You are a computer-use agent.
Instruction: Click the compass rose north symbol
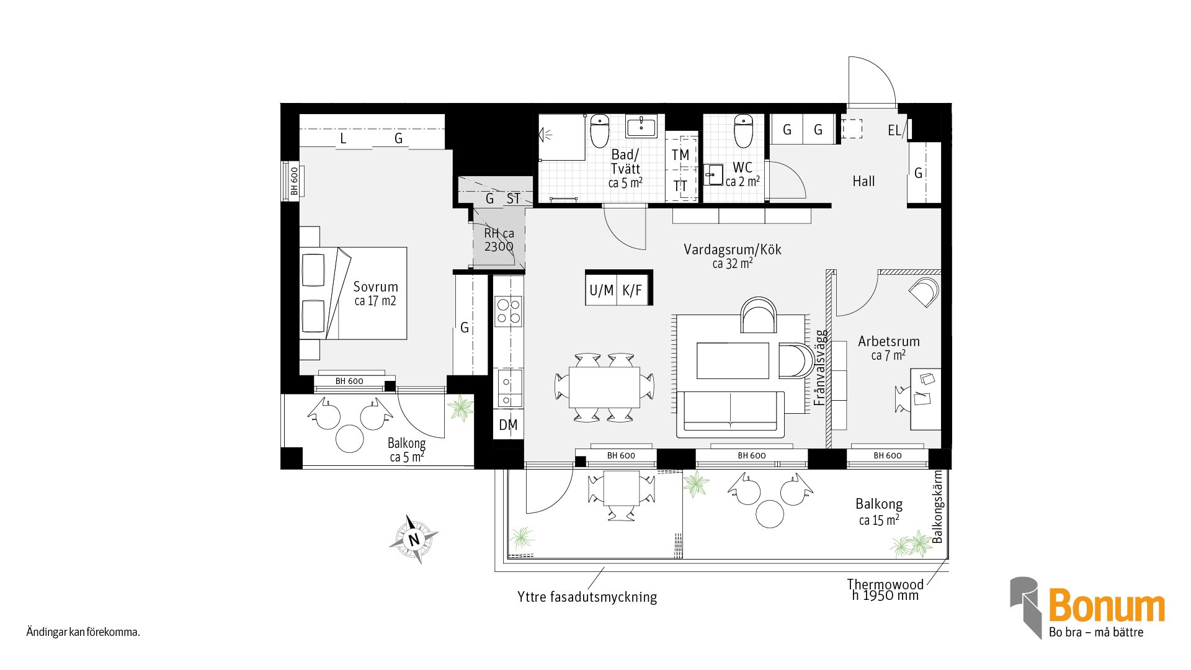coord(414,539)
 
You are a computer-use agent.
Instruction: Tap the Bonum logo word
coord(1107,606)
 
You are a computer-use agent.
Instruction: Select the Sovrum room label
coord(375,287)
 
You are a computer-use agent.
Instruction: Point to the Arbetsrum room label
coord(888,341)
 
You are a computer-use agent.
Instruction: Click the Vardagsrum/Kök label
coord(733,249)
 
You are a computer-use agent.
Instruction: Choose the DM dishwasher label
coord(508,425)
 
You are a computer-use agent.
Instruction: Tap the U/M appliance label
coord(601,290)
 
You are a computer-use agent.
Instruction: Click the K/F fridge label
coord(632,290)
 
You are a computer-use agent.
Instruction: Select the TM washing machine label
coord(680,154)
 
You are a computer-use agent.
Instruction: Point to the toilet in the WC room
coord(743,130)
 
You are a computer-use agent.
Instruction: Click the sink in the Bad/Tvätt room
coord(641,127)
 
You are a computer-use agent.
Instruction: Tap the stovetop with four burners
coord(508,311)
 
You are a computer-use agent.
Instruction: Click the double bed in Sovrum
coord(354,293)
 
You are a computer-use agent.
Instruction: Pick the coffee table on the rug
coord(733,360)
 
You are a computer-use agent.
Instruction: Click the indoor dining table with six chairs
coord(604,387)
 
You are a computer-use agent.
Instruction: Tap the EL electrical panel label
coord(894,130)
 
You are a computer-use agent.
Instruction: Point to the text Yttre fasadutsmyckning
coord(587,597)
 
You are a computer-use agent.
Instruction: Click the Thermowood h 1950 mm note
coord(886,590)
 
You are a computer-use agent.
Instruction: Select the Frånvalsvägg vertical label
coord(820,367)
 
